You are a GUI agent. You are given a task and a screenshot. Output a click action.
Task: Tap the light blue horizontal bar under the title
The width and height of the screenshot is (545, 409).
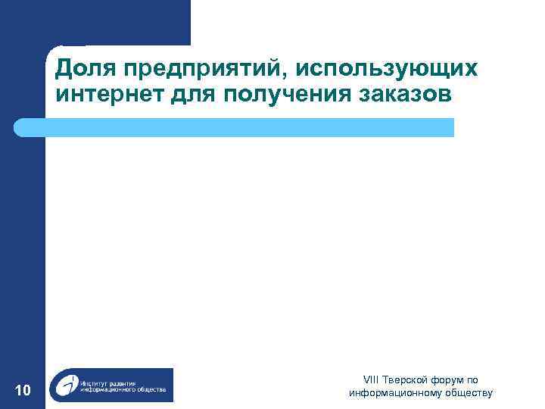249,127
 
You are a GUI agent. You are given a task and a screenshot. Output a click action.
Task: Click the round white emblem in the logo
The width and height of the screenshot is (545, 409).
66,386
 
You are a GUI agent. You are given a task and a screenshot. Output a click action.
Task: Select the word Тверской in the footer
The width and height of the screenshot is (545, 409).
406,380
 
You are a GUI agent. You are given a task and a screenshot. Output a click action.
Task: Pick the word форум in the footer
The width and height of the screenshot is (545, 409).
448,380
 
